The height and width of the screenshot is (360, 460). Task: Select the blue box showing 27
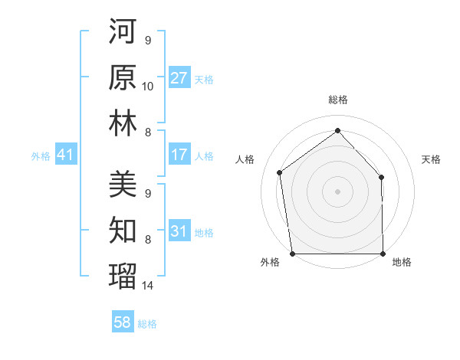tap(179, 78)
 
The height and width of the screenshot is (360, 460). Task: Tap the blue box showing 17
tap(179, 155)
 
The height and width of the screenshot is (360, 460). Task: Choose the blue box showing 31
tap(179, 232)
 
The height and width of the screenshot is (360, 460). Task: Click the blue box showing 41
tap(65, 155)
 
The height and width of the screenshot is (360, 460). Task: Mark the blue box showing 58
tap(123, 323)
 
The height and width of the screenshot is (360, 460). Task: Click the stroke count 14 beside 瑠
tap(148, 286)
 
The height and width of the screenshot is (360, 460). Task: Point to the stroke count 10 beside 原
tap(148, 87)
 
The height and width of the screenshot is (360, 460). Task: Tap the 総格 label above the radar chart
tap(338, 100)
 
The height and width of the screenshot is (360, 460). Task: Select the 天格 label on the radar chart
tap(431, 159)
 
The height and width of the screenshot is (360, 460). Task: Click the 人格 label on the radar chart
tap(245, 159)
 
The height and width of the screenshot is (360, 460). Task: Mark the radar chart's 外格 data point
tap(292, 253)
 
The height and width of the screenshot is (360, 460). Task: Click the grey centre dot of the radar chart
tap(338, 191)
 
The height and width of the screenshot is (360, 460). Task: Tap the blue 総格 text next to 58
tap(147, 324)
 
